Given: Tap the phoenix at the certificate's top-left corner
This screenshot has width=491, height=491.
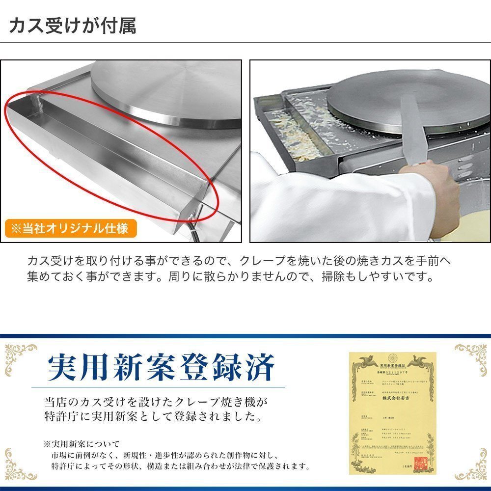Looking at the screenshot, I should pos(365,364).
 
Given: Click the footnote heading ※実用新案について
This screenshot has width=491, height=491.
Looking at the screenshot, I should pos(81,444).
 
